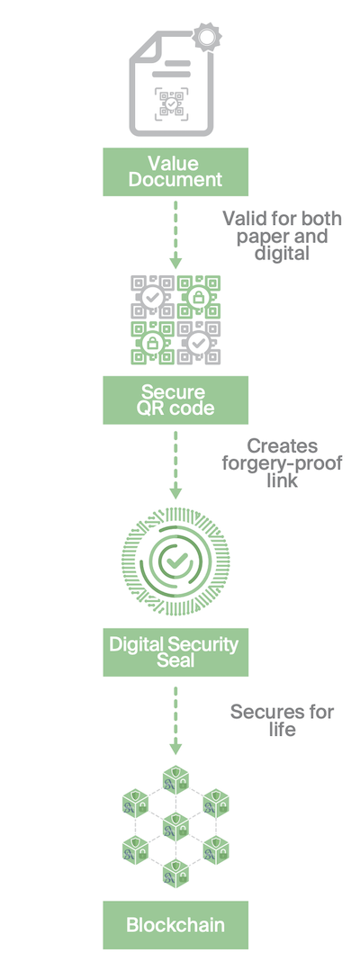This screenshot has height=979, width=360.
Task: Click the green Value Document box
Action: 175,172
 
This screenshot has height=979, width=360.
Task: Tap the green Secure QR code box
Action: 175,400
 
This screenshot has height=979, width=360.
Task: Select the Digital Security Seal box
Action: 175,651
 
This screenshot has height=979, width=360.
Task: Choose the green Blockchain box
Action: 175,925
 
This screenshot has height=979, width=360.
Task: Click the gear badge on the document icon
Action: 205,36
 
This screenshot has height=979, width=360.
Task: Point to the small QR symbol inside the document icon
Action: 171,102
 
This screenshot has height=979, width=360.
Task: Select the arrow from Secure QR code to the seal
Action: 175,464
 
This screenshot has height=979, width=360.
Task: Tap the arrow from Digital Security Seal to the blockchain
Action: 175,719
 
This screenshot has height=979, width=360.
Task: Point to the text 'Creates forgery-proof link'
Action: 283,464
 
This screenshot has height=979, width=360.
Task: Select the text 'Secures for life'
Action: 283,720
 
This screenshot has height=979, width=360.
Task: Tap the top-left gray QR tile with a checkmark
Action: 152,297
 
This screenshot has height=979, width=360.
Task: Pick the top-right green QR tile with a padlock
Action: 199,297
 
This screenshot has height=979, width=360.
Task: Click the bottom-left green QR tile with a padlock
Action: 152,343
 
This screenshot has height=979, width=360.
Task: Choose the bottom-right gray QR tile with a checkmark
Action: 199,343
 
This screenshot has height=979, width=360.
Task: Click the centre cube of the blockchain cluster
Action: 175,827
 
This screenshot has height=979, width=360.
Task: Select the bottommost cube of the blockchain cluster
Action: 175,873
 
